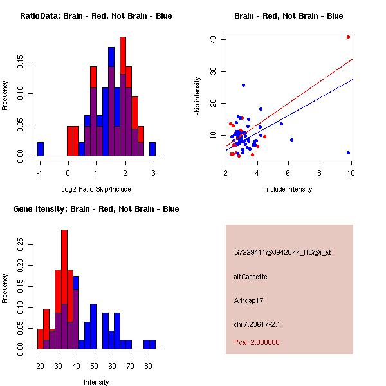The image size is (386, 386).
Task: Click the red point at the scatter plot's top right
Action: pos(348,37)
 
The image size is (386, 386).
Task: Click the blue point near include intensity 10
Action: pos(348,152)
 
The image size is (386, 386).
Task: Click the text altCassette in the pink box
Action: pos(251,277)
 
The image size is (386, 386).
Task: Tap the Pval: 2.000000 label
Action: pos(257,342)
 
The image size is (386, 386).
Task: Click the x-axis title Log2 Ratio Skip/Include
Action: pos(96,189)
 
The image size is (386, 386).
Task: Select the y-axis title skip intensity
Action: pos(198,96)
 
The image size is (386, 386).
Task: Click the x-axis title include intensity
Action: pos(289,189)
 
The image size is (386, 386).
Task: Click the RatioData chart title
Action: pos(96,16)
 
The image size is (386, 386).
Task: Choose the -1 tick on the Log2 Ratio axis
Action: pos(39,173)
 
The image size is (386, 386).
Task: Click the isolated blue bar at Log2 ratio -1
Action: pos(41,149)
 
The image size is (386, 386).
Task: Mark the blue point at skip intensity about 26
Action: pos(243,85)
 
